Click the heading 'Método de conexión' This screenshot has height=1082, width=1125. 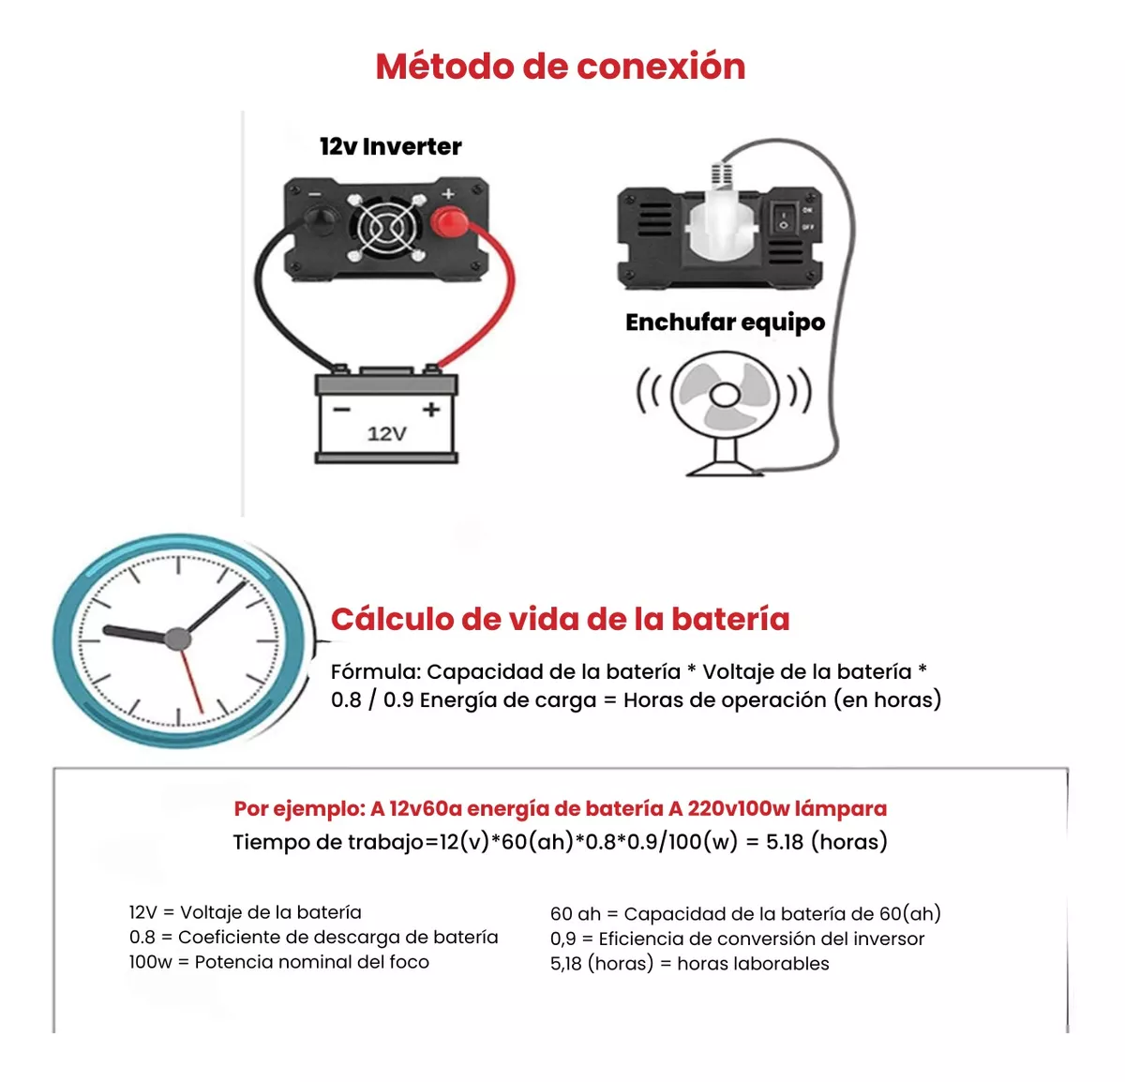(x=561, y=67)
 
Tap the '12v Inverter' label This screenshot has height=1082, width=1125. (x=391, y=146)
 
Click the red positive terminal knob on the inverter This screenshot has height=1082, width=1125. (x=450, y=222)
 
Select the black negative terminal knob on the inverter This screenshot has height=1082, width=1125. (x=321, y=220)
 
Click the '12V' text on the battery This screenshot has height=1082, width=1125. (x=387, y=434)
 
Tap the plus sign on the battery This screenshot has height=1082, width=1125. (x=431, y=410)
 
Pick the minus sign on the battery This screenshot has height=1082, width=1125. (x=341, y=410)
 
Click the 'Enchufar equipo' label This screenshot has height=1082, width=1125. (x=725, y=323)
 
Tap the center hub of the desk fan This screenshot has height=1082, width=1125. (x=725, y=396)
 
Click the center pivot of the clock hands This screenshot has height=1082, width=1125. (x=177, y=639)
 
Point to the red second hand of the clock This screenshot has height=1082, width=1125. (x=191, y=682)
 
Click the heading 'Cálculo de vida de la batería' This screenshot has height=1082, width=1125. (x=561, y=620)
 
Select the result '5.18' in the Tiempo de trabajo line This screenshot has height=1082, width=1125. (x=785, y=842)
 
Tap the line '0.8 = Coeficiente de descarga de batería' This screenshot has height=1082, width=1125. (x=313, y=938)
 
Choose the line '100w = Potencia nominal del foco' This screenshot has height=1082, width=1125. (x=279, y=962)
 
